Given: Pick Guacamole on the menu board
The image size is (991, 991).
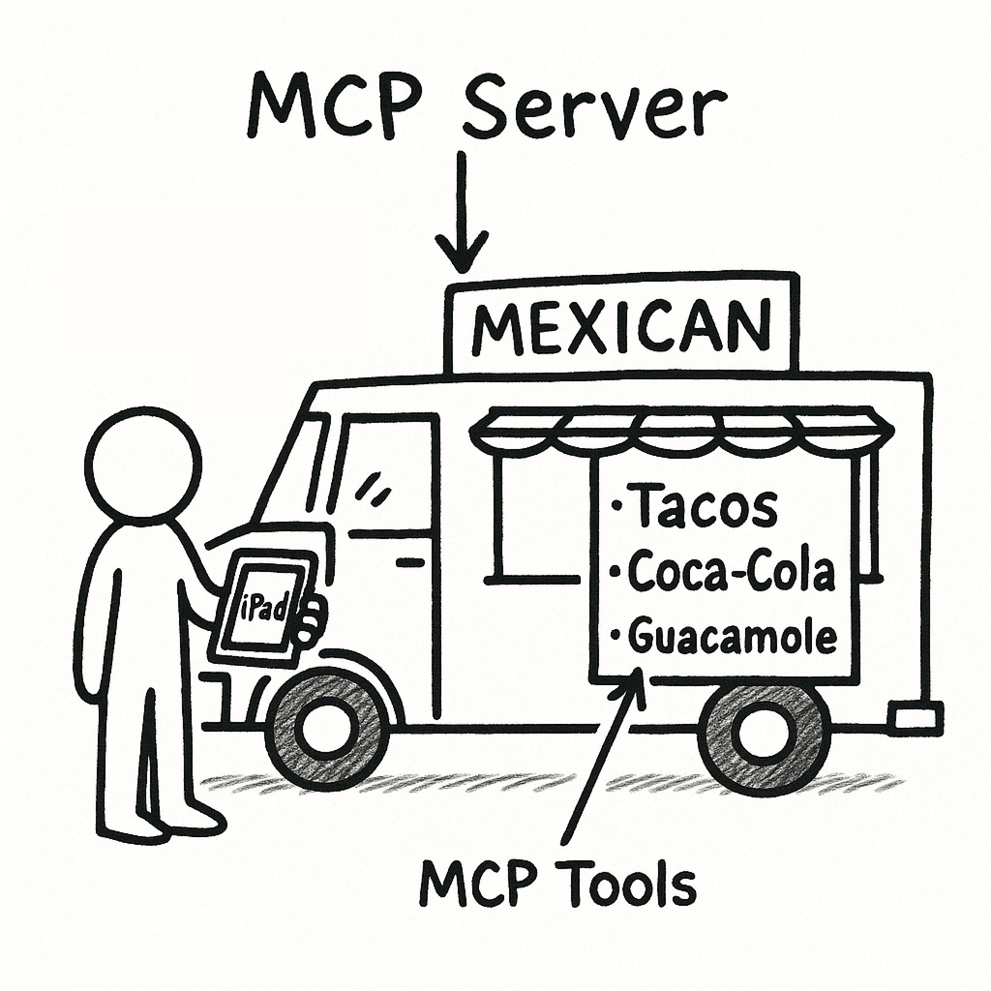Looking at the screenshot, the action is pos(732,637).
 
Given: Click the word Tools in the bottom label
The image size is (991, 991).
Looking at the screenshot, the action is pos(632,885).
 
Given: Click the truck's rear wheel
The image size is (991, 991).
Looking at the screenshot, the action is pos(765,736).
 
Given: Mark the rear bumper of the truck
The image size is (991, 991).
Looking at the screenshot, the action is pos(916,716).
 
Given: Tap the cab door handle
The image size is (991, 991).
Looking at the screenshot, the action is pos(410,561).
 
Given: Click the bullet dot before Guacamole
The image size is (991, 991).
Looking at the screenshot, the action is pos(616,637).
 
